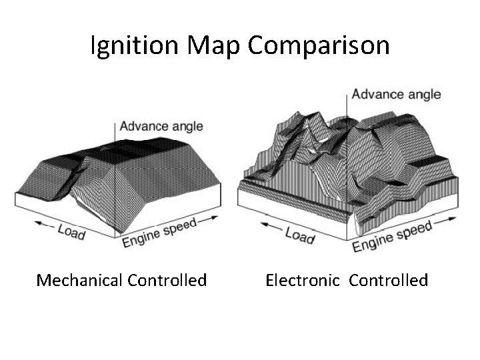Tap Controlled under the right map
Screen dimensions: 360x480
coord(388,280)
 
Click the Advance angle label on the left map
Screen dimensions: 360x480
coord(161,126)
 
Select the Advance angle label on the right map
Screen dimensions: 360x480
coord(396,93)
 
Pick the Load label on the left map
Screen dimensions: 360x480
coord(70,231)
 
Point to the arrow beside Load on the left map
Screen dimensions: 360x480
coord(45,224)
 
